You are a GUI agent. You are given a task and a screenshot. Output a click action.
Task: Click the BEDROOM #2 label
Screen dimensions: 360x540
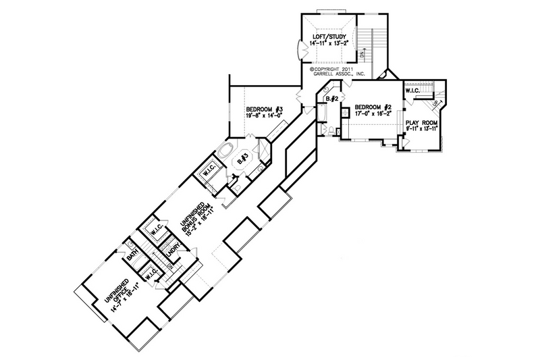[373, 107]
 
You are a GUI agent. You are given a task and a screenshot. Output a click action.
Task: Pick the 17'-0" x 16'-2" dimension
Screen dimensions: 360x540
[373, 114]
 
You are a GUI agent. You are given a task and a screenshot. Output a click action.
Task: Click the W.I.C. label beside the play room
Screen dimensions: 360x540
[413, 91]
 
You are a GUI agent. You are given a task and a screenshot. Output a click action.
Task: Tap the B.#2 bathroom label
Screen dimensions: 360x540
[331, 100]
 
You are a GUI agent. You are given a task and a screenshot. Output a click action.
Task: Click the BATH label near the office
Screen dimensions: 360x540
[133, 257]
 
